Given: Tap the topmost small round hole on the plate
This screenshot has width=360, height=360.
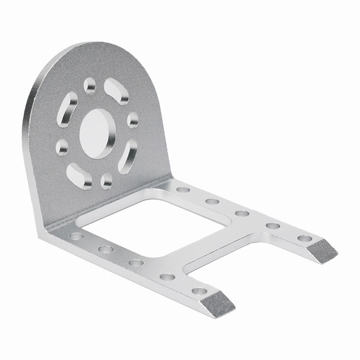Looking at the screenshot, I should coord(90,85).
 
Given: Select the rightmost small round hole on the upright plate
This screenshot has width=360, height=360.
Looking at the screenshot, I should coord(133,120).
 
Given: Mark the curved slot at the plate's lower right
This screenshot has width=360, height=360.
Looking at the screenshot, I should coord(128,156).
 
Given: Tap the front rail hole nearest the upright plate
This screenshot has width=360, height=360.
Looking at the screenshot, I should coord(76,236).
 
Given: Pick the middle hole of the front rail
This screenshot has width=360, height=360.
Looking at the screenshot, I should coord(136,263).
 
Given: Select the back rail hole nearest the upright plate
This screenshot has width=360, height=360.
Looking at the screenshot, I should coord(183,190).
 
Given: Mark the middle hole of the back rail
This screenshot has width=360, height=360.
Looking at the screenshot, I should coord(242,213).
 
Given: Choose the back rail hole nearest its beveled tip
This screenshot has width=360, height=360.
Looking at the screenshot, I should coord(304,238).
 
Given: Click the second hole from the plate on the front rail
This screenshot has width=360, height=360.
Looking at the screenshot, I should coord(105,249).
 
